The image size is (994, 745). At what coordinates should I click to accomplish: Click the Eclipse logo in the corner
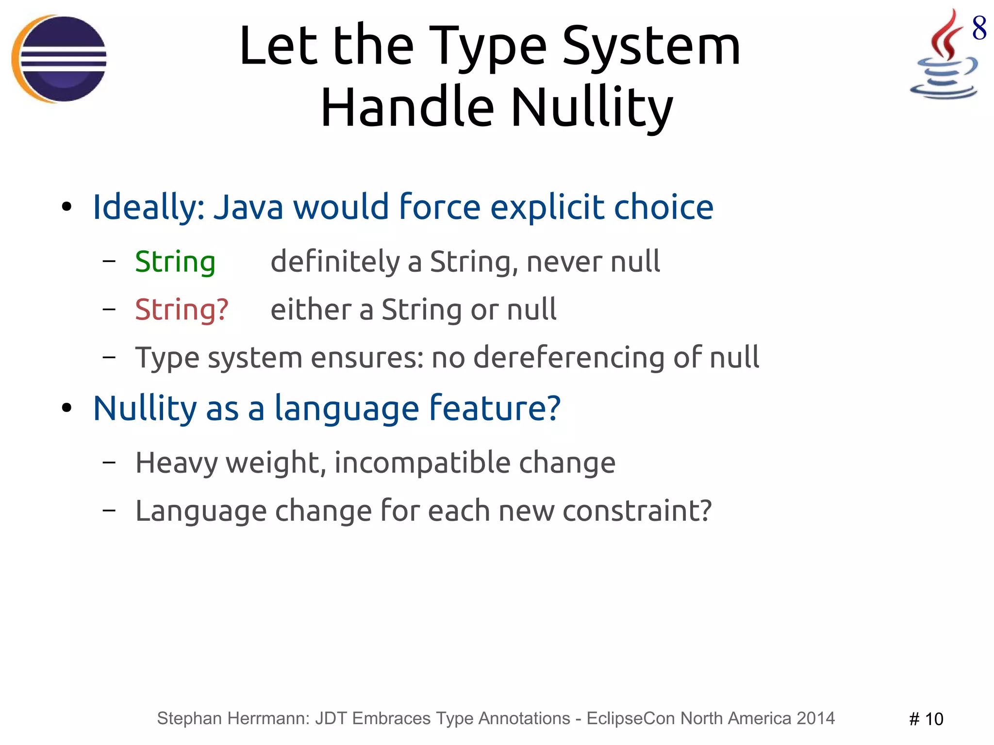(x=59, y=59)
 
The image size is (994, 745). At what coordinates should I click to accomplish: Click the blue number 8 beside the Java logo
(x=979, y=28)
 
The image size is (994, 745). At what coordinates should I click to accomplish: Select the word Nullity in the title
(x=592, y=107)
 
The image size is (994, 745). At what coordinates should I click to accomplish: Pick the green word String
(x=175, y=262)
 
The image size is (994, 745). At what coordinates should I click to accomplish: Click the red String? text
(x=182, y=310)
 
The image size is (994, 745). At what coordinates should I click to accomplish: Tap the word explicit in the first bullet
(x=547, y=207)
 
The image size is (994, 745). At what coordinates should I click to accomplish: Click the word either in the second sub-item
(x=311, y=310)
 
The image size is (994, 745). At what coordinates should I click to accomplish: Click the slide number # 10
(x=926, y=719)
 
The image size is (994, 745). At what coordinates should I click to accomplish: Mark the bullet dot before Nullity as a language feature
(x=67, y=408)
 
